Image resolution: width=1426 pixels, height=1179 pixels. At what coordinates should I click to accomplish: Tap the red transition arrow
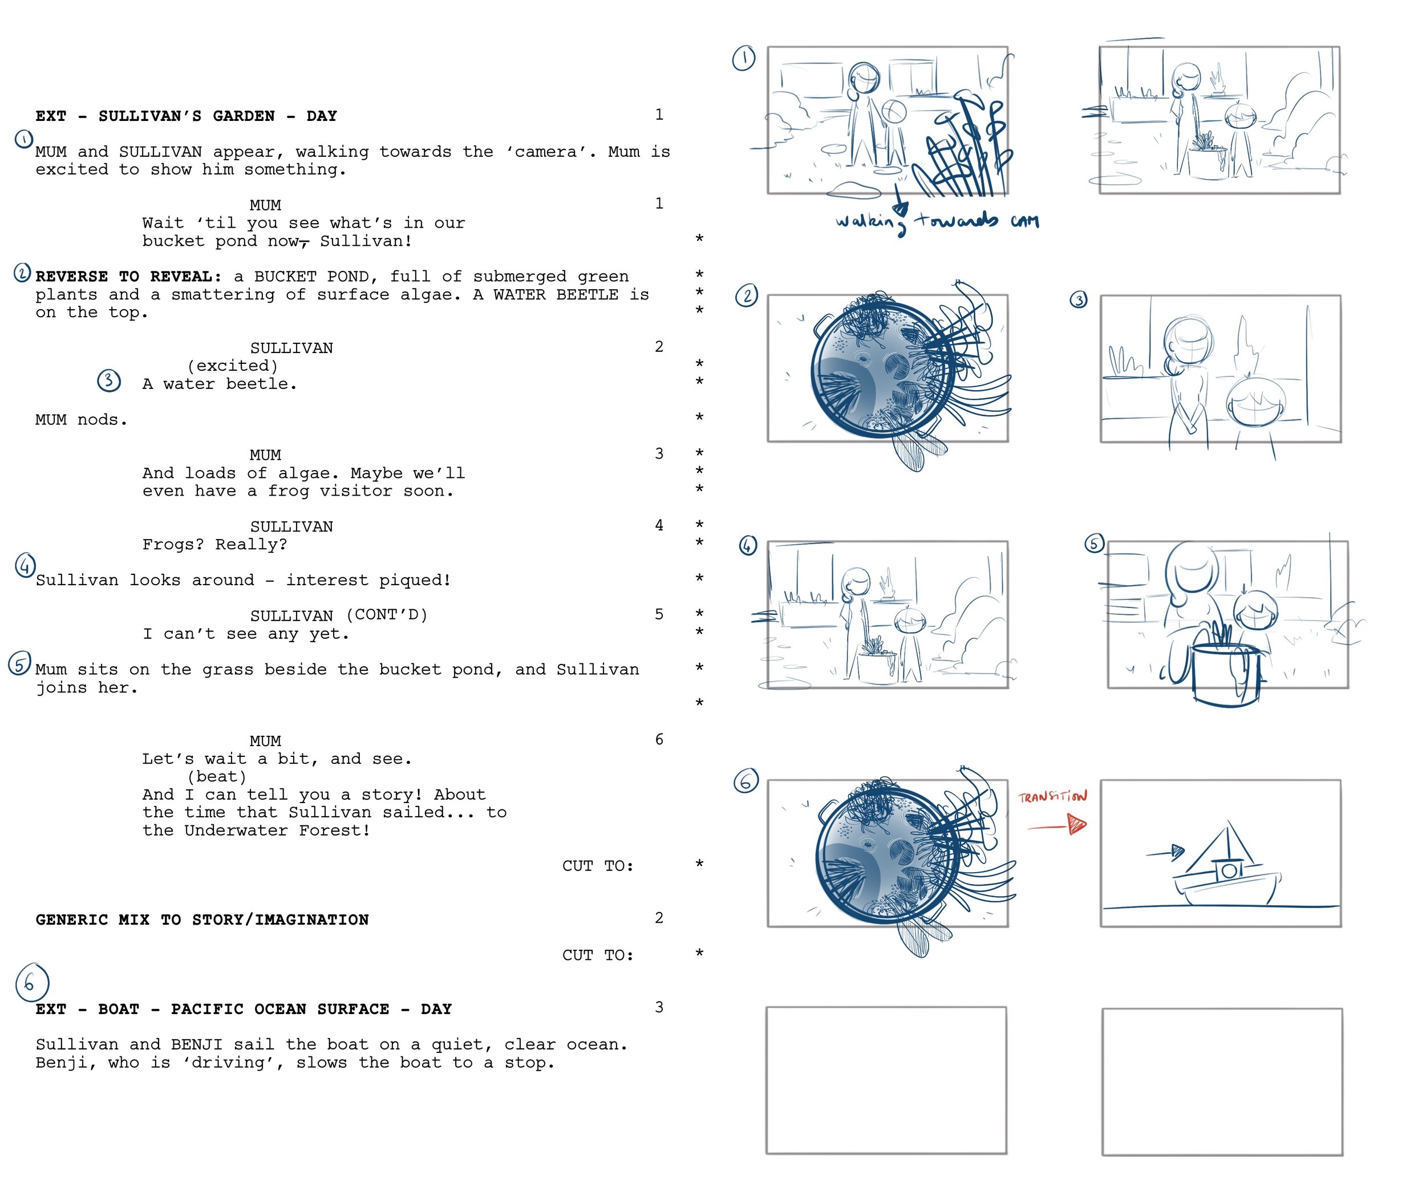pyautogui.click(x=1056, y=826)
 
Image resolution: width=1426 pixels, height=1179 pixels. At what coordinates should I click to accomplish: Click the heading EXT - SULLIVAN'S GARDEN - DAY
pyautogui.click(x=186, y=116)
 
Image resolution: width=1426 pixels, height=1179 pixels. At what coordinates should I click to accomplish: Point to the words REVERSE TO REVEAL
pyautogui.click(x=128, y=277)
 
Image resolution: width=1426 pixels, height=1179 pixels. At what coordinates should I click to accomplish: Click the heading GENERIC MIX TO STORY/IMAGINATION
pyautogui.click(x=202, y=919)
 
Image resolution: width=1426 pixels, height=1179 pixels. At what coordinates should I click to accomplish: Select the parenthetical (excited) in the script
pyautogui.click(x=233, y=366)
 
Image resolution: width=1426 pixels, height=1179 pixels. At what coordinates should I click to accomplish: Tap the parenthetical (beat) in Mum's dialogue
pyautogui.click(x=217, y=776)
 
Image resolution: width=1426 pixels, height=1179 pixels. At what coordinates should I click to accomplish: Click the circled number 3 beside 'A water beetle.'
pyautogui.click(x=110, y=380)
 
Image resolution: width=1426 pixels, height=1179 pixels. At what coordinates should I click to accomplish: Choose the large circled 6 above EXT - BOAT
pyautogui.click(x=32, y=982)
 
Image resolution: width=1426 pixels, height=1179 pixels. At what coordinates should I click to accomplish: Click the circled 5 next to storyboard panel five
pyautogui.click(x=1094, y=544)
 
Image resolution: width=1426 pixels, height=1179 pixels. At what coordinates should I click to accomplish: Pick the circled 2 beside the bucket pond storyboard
pyautogui.click(x=747, y=295)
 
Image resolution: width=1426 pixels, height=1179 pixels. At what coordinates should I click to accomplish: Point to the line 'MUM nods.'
pyautogui.click(x=82, y=420)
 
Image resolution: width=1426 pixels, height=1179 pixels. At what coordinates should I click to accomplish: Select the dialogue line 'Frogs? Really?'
pyautogui.click(x=214, y=545)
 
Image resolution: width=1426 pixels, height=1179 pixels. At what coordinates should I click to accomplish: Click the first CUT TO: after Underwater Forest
pyautogui.click(x=598, y=866)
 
